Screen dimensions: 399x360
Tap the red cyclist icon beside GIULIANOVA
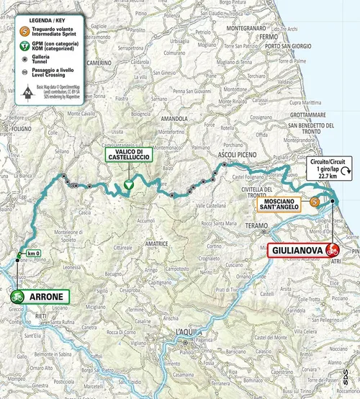[333, 250]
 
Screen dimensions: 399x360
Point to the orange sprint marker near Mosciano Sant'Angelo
[315, 202]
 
